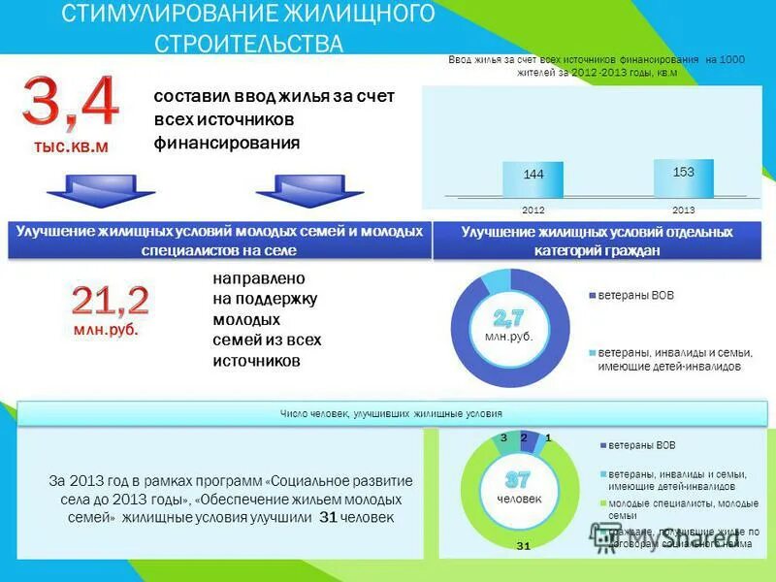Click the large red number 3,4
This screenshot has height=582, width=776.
pyautogui.click(x=71, y=104)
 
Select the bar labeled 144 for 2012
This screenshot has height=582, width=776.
pyautogui.click(x=533, y=179)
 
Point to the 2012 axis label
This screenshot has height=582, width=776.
pyautogui.click(x=533, y=210)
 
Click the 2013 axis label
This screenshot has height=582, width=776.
pyautogui.click(x=683, y=210)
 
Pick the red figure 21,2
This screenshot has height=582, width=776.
pyautogui.click(x=110, y=301)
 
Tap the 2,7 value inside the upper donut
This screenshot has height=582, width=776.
pyautogui.click(x=508, y=317)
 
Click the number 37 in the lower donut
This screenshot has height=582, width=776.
pyautogui.click(x=517, y=480)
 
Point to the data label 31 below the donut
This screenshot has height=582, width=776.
pyautogui.click(x=523, y=547)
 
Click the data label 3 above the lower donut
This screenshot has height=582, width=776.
pyautogui.click(x=503, y=438)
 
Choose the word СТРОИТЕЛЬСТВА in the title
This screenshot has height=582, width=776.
pyautogui.click(x=249, y=45)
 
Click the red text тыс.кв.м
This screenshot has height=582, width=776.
pyautogui.click(x=71, y=147)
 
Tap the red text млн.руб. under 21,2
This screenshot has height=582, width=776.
pyautogui.click(x=106, y=330)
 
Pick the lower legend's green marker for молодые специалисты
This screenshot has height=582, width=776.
pyautogui.click(x=602, y=502)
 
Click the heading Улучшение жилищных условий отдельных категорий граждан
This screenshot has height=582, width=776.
pyautogui.click(x=597, y=242)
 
